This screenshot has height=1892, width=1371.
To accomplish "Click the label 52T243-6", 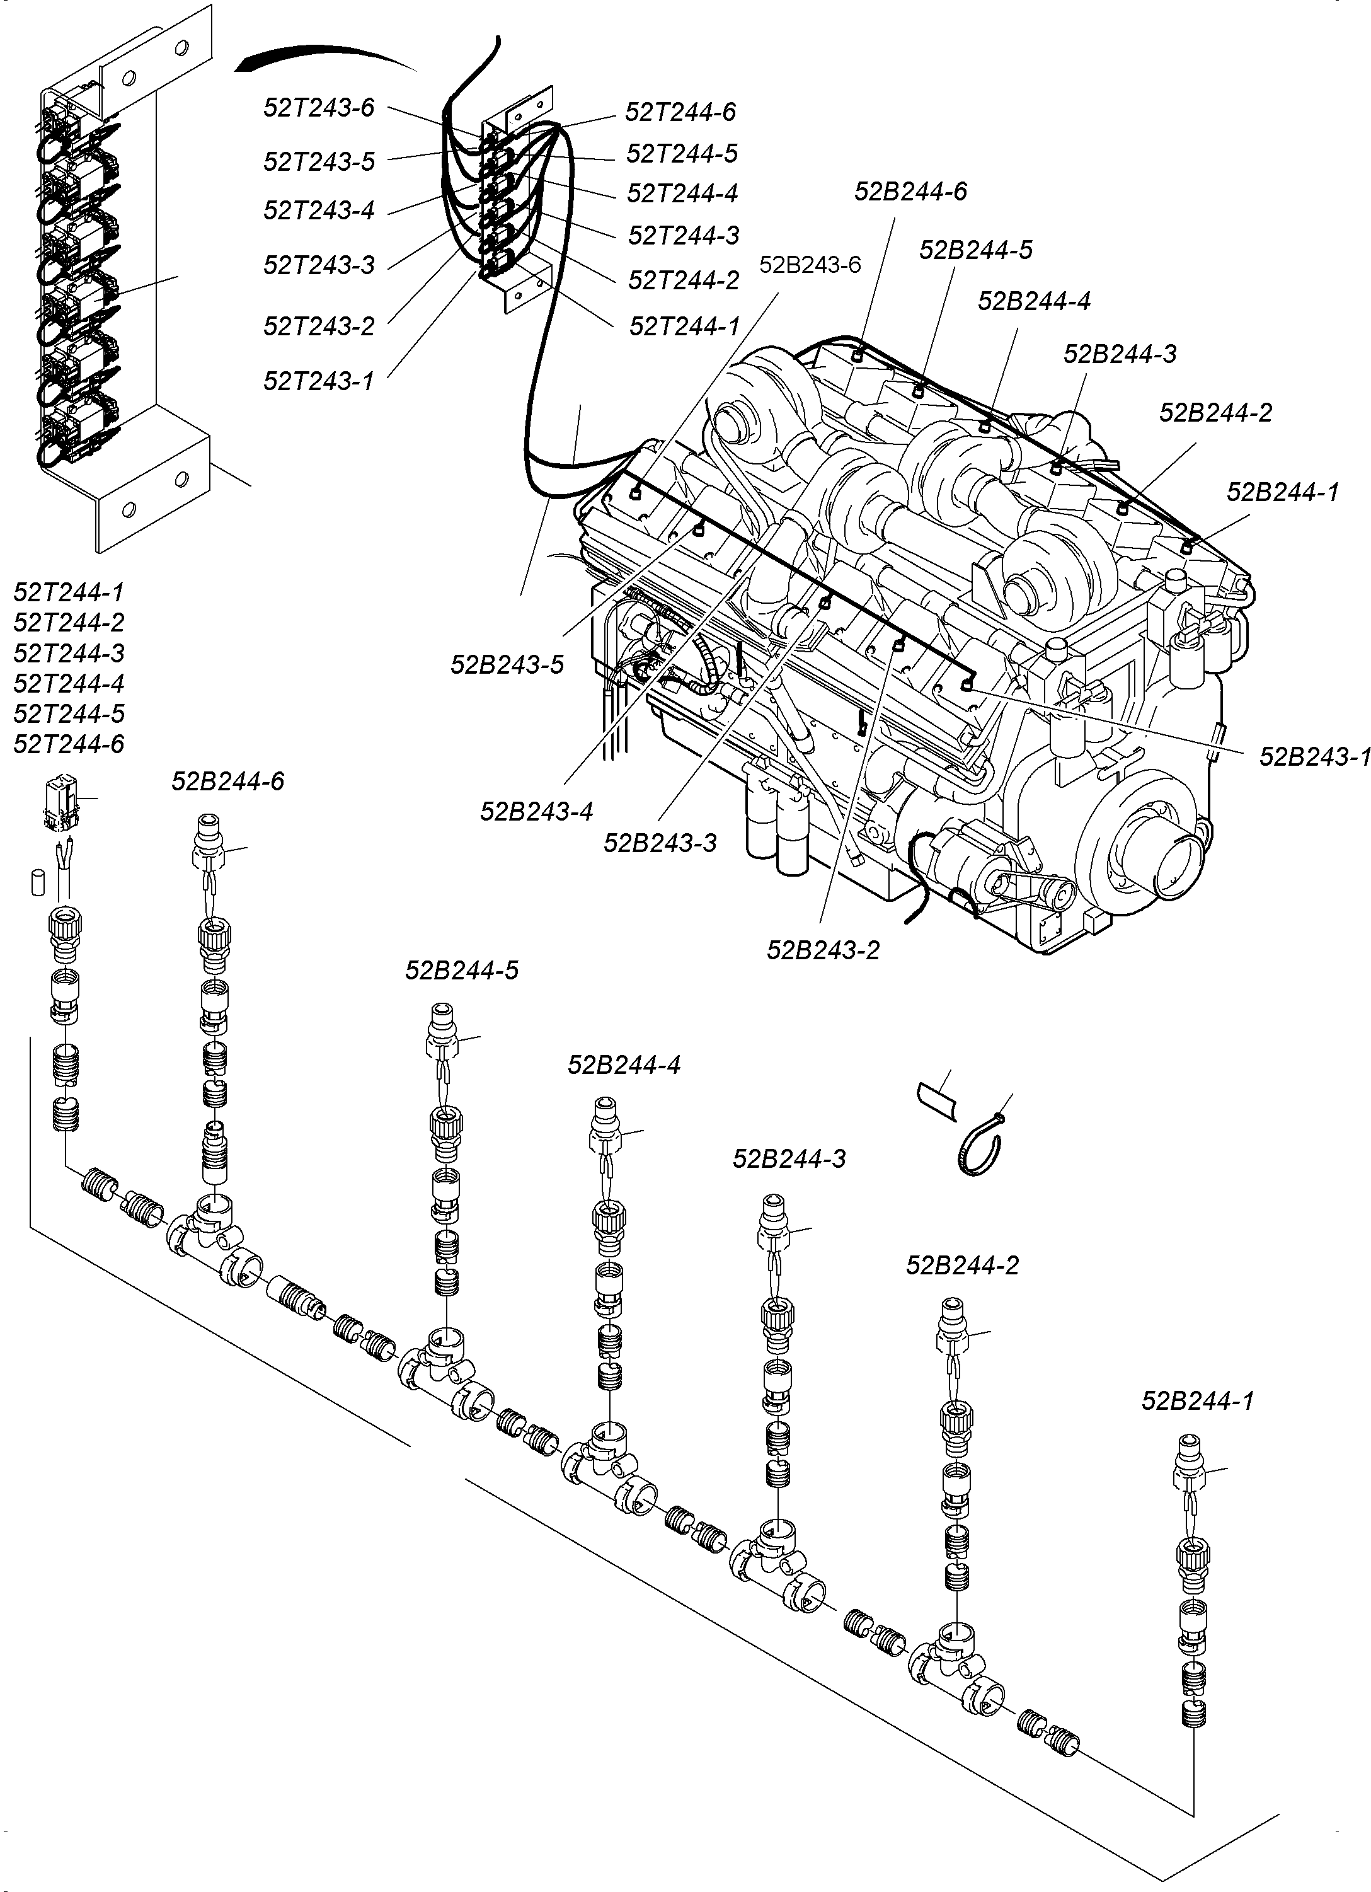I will coord(319,108).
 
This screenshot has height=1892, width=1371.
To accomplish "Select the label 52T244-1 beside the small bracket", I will coord(684,326).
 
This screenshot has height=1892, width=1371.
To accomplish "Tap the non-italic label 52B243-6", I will coord(809,265).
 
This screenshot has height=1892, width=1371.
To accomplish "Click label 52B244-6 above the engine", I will coord(910,191).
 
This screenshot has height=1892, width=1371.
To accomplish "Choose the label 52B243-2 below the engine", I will coord(823,949).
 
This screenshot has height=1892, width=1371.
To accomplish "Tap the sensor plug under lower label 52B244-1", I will coord(1188,1468).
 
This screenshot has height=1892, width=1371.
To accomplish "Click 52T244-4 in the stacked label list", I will coord(69,683).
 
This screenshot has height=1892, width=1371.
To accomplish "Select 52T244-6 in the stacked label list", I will coord(69,743).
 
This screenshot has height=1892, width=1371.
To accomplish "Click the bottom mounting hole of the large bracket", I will coord(129,509).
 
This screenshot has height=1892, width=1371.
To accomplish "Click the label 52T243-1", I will coord(319,381).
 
